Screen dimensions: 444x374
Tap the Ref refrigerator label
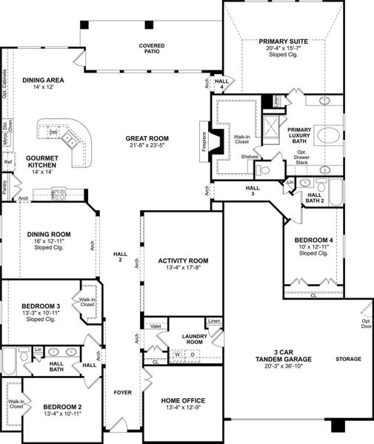pyautogui.click(x=8, y=162)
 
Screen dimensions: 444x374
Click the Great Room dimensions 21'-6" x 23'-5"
pyautogui.click(x=147, y=147)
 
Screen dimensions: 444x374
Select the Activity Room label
pyautogui.click(x=182, y=260)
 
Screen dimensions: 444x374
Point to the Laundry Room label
pyautogui.click(x=194, y=339)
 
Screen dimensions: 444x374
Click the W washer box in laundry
pyautogui.click(x=178, y=354)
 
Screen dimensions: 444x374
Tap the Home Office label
pyautogui.click(x=183, y=400)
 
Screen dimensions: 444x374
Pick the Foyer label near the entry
pyautogui.click(x=121, y=392)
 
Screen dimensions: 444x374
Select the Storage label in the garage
pyautogui.click(x=348, y=359)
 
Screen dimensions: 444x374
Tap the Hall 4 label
pyautogui.click(x=221, y=84)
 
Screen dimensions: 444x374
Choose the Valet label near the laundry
pyautogui.click(x=156, y=326)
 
